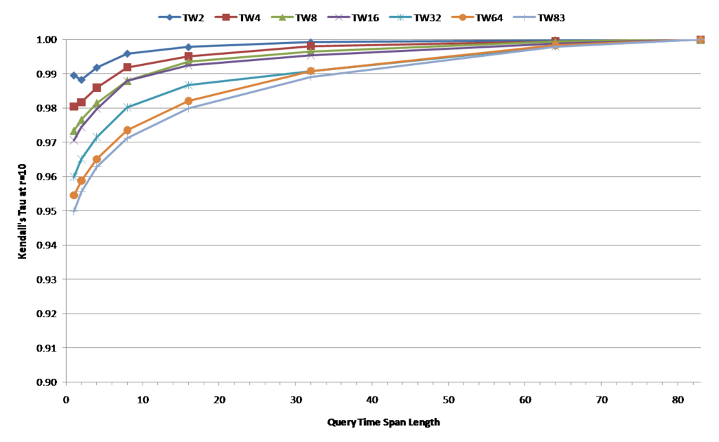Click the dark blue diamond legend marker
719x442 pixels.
[x=169, y=17]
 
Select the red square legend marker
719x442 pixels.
[x=225, y=17]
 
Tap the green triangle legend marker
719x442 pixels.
[x=282, y=17]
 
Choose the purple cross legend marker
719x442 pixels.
[x=338, y=17]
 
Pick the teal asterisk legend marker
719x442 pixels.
[x=400, y=17]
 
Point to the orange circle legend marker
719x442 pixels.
[x=462, y=17]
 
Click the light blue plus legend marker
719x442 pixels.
[x=524, y=17]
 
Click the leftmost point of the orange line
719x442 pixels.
[x=74, y=195]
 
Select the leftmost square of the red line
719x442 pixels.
[x=74, y=107]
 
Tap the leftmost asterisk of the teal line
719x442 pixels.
[x=74, y=177]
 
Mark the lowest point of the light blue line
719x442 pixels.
[x=74, y=210]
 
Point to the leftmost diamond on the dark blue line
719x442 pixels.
[x=74, y=75]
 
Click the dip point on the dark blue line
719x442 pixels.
[x=81, y=80]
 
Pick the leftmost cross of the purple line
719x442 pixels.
[x=74, y=141]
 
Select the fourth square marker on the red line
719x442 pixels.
[x=127, y=67]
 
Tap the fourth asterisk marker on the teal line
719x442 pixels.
[x=127, y=107]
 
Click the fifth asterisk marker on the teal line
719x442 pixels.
[x=188, y=85]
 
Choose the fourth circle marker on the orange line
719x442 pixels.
[x=127, y=130]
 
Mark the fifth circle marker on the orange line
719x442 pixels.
[x=188, y=100]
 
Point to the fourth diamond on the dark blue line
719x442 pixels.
[x=127, y=53]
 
